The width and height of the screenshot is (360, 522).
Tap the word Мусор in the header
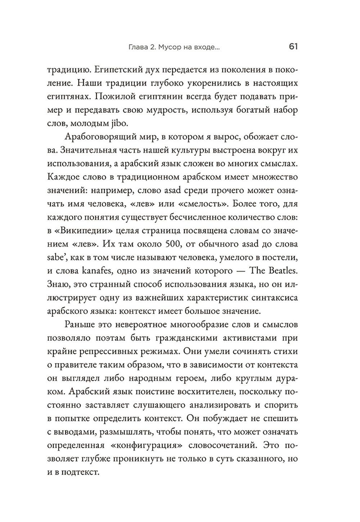click(x=169, y=47)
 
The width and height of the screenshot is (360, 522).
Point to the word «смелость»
click(x=203, y=204)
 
